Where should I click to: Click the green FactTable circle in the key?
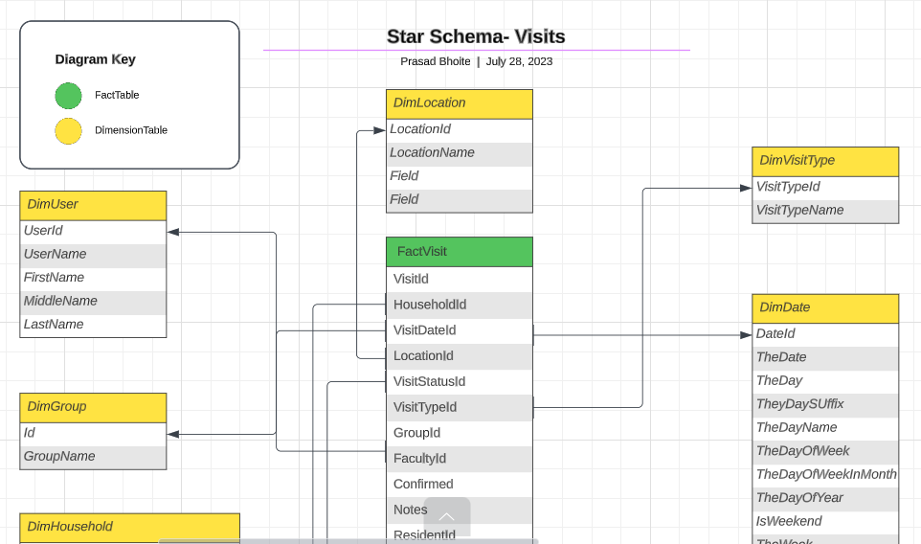click(68, 96)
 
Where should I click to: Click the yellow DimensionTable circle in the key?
click(68, 130)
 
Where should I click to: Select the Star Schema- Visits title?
click(476, 36)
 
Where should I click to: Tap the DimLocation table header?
click(459, 103)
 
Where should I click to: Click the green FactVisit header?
click(459, 252)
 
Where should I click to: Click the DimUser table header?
click(93, 205)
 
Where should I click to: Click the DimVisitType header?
click(824, 161)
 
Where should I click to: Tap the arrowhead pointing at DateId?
click(747, 335)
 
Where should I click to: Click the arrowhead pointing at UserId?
click(173, 232)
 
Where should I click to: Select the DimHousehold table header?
click(129, 527)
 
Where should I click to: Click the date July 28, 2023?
click(519, 61)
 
